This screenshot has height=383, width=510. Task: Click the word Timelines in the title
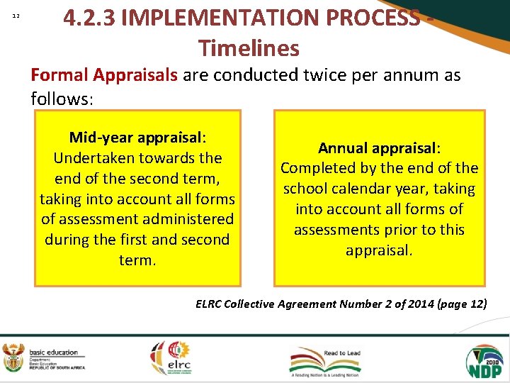tap(249, 48)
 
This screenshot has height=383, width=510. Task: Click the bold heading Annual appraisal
tap(379, 148)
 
